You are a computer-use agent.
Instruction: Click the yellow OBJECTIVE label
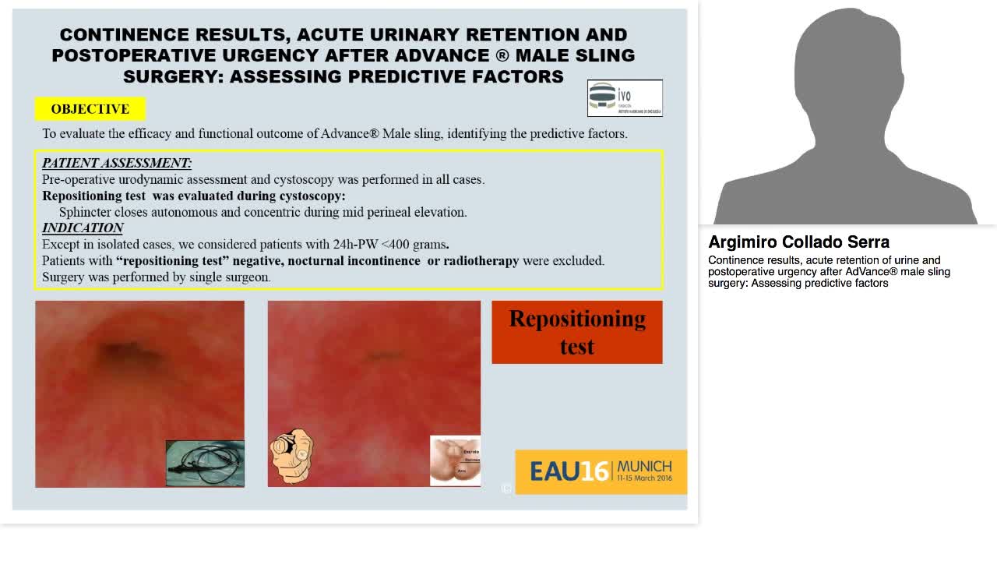(x=90, y=109)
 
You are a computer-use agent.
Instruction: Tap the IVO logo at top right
(x=625, y=98)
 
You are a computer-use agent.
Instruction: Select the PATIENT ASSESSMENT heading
(x=117, y=163)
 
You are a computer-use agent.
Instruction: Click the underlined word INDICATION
(x=83, y=228)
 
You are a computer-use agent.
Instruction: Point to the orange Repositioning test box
(x=577, y=332)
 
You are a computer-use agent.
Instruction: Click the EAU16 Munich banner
(x=601, y=471)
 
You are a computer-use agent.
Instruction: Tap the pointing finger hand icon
(x=291, y=454)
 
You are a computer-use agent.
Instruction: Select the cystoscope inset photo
(x=205, y=463)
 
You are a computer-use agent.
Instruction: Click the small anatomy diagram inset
(x=456, y=460)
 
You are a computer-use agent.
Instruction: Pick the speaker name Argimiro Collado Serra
(x=798, y=242)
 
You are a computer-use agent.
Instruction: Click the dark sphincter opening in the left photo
(x=117, y=350)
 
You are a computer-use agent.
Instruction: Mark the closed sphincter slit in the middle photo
(x=383, y=356)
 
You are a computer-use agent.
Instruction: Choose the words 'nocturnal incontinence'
(x=366, y=260)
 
